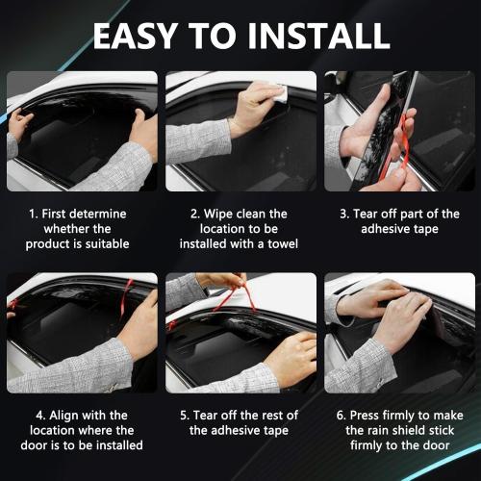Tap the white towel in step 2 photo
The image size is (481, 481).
(276, 92)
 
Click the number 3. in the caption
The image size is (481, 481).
(344, 214)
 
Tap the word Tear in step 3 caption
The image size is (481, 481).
(370, 214)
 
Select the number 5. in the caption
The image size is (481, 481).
(186, 415)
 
